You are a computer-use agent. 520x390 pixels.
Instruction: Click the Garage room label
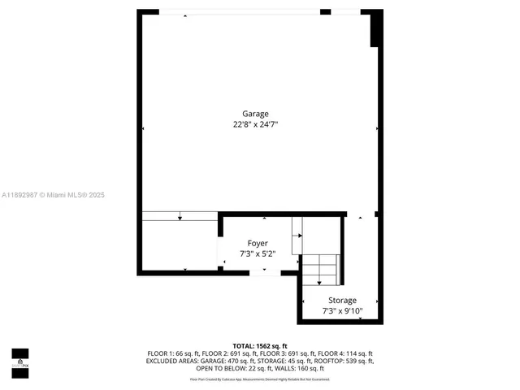pyautogui.click(x=255, y=114)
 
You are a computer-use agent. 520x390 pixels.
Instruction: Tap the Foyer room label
pyautogui.click(x=258, y=243)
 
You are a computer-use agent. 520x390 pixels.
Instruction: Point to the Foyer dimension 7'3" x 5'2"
pyautogui.click(x=258, y=253)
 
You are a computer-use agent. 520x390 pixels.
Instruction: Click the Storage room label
pyautogui.click(x=342, y=300)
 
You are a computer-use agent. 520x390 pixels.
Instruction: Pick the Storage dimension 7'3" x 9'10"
pyautogui.click(x=342, y=310)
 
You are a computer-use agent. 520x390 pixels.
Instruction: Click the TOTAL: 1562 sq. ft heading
pyautogui.click(x=259, y=346)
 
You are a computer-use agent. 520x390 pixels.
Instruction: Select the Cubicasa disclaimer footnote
pyautogui.click(x=259, y=379)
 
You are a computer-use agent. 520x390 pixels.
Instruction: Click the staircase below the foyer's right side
pyautogui.click(x=320, y=270)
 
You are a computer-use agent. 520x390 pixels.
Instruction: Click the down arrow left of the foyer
pyautogui.click(x=180, y=215)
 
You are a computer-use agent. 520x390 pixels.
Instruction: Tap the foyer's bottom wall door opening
pyautogui.click(x=262, y=274)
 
